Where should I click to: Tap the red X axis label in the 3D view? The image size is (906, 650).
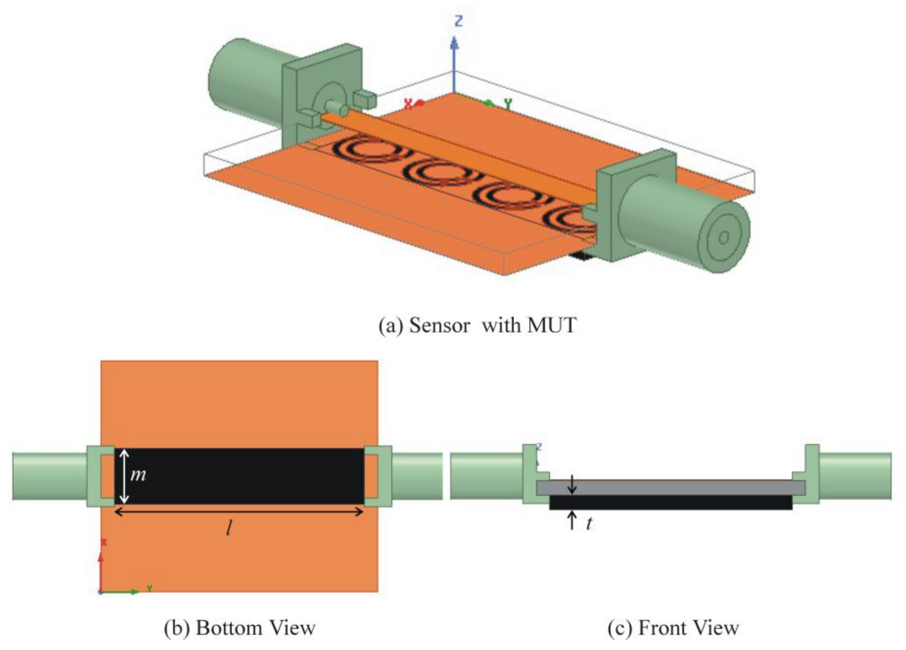tap(408, 104)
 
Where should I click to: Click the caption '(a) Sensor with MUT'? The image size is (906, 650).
tap(477, 325)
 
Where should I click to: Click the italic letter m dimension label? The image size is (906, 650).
tap(138, 475)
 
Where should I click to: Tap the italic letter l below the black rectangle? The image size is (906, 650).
tap(229, 529)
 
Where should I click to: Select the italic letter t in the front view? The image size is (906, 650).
tap(589, 524)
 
